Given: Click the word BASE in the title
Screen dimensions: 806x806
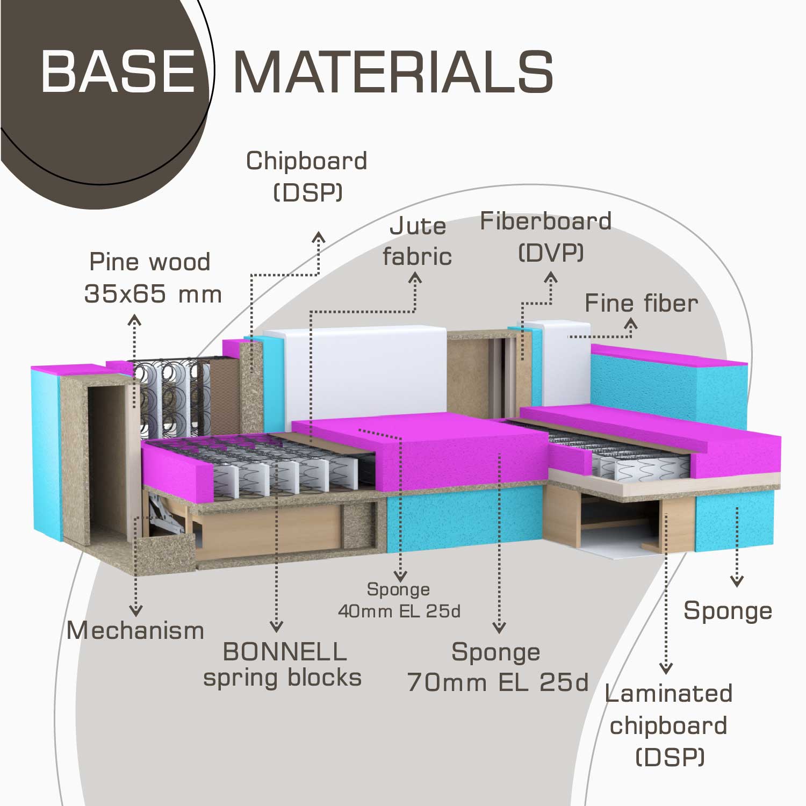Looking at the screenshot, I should pos(118,71).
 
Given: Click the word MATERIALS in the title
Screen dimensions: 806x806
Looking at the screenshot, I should pos(393,73).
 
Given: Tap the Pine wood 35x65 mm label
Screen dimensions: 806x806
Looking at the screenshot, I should pos(152,278).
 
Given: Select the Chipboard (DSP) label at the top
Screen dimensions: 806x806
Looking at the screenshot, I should pos(307,176).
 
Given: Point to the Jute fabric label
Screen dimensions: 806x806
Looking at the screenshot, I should pos(417,241).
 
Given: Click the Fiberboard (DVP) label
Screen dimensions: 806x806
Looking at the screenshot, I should pos(546,236).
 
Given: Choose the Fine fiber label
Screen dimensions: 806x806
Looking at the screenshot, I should pos(641,304).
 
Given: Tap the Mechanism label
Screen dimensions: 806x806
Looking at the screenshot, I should pos(135,630).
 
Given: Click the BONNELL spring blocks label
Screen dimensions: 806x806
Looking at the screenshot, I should pos(283,665).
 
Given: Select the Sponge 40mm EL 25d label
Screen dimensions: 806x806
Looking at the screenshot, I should pos(399,600).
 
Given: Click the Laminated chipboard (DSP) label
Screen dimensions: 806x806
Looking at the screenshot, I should pos(668,725).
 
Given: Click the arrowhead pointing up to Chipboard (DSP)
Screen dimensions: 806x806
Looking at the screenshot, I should pos(319,237).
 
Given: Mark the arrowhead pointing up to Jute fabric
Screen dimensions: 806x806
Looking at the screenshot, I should pos(415,278).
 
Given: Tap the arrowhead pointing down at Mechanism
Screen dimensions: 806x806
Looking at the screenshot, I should pos(136,611).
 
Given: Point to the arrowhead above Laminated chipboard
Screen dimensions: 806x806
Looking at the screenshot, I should pos(666,669).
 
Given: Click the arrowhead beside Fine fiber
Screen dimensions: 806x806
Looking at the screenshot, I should pos(631,323).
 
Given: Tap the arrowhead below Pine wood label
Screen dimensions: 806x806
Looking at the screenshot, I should pos(134,321).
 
